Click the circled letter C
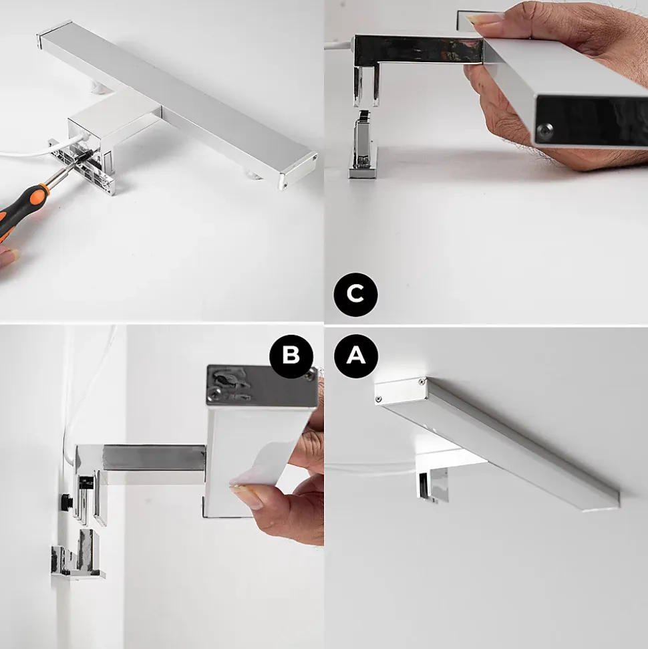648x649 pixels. coord(355,294)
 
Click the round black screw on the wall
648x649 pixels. coord(65,502)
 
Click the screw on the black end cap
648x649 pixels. coord(544,131)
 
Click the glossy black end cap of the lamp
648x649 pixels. coord(592,118)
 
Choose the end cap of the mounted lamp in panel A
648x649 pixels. coord(401,391)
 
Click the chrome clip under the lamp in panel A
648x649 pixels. coord(432,485)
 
